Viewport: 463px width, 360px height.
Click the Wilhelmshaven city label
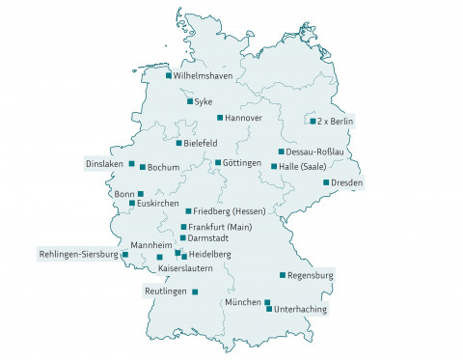[204, 75]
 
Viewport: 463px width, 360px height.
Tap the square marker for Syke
[189, 100]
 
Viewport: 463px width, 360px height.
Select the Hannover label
[244, 118]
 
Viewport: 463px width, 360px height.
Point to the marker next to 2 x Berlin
[313, 122]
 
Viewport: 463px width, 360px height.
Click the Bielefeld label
[200, 143]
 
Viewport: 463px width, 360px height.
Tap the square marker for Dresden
[326, 182]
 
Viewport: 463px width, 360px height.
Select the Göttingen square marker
[218, 162]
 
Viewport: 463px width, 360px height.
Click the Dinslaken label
[104, 163]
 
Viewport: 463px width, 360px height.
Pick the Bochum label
[164, 168]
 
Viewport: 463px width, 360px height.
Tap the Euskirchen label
[158, 204]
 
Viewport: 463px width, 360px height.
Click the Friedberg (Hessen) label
[230, 210]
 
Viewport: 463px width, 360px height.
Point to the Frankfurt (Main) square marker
[182, 227]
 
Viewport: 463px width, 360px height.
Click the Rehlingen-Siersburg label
[78, 255]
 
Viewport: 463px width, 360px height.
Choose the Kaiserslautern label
[185, 267]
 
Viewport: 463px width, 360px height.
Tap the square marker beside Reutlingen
[195, 291]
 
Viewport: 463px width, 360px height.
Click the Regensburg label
[311, 276]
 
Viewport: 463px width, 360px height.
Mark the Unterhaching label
[301, 309]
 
